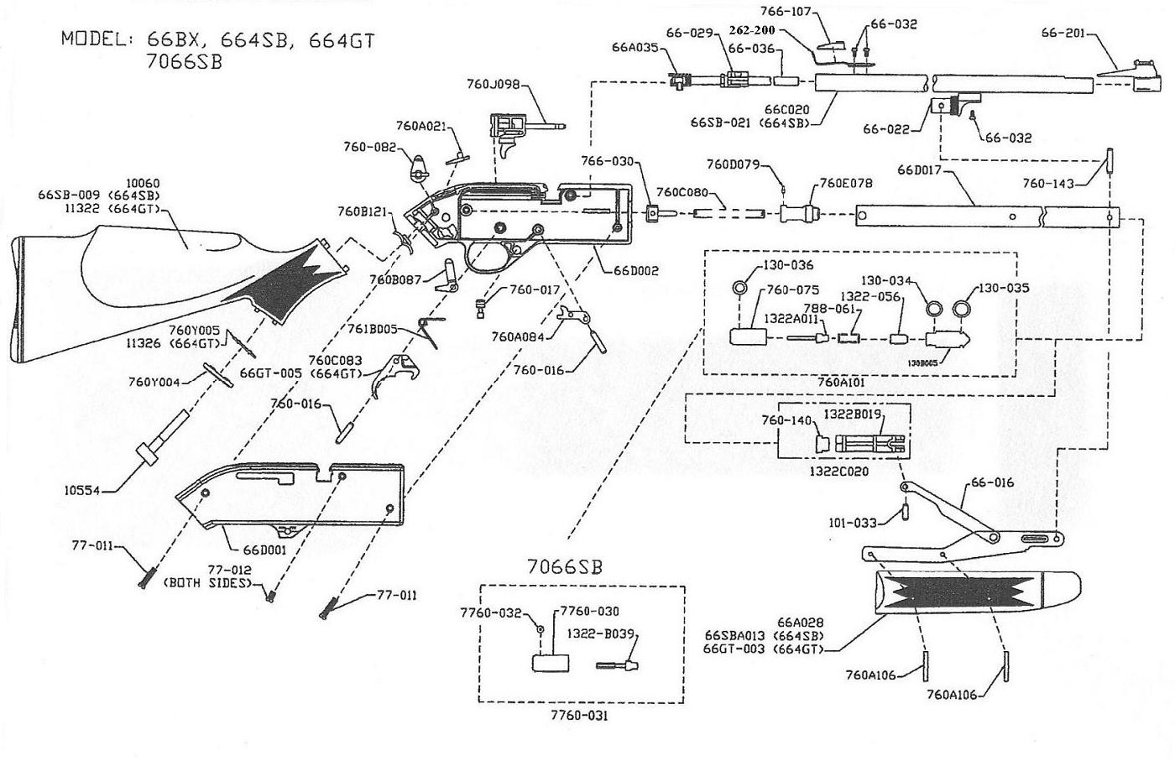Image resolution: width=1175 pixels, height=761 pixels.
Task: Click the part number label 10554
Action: pos(83,490)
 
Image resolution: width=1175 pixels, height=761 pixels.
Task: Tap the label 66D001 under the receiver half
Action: pos(265,550)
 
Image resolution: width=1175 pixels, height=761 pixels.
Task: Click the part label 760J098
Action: pos(493,83)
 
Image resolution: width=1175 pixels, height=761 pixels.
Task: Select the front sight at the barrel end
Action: pos(1143,76)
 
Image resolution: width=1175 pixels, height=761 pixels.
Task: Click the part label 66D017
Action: pos(920,170)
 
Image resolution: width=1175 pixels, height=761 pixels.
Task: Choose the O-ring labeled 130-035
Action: pos(962,310)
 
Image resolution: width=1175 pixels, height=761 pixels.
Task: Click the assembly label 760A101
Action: pos(841,383)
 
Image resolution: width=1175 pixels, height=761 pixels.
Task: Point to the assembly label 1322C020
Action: pos(839,471)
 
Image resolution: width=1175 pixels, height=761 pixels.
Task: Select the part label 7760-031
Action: pos(580,716)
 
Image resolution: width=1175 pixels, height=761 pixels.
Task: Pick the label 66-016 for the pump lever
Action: pos(993,482)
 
